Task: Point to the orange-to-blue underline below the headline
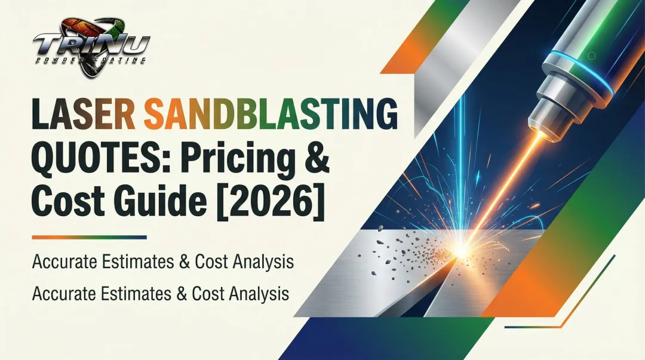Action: pos(89,238)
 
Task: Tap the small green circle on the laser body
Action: pos(591,56)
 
